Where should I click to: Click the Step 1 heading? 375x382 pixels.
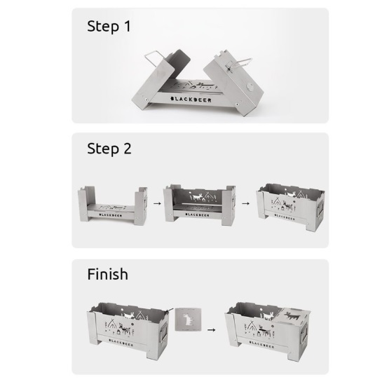click(x=109, y=27)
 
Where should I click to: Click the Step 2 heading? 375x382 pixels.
click(x=109, y=149)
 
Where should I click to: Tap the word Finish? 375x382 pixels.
click(x=107, y=273)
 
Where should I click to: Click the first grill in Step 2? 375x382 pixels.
click(x=113, y=205)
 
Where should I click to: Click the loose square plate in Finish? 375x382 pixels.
click(x=188, y=323)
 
